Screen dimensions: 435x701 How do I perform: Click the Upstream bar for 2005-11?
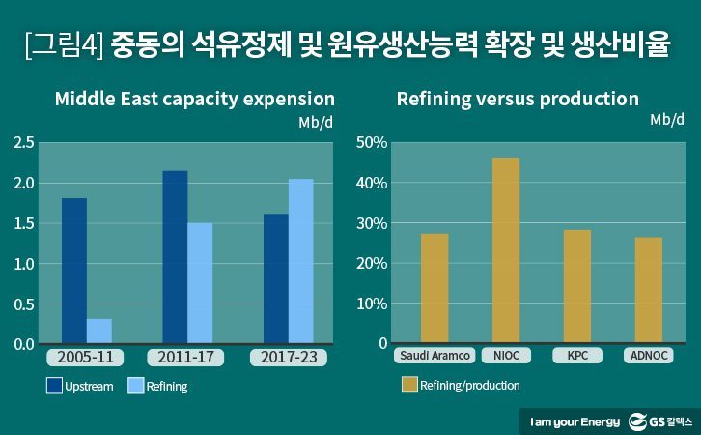pos(74,271)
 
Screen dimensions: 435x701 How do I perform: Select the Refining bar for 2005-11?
pos(99,331)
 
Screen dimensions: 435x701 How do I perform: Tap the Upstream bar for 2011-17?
pos(175,257)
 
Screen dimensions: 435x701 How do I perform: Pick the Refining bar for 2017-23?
pos(300,261)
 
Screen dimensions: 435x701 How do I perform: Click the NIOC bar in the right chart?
pos(506,250)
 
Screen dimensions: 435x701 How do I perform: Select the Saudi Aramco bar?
pos(435,288)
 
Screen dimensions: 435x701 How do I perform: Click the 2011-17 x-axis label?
pos(187,358)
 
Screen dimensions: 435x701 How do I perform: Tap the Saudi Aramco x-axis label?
pos(435,356)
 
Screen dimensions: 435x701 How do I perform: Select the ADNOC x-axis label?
pos(649,356)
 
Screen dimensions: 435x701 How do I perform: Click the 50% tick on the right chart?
pos(371,143)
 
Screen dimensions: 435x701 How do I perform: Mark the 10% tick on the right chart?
pos(371,304)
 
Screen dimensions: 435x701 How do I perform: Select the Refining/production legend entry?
pos(460,386)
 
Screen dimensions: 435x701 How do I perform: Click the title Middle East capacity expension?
pos(194,100)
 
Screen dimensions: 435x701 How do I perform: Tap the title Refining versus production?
pos(518,100)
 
